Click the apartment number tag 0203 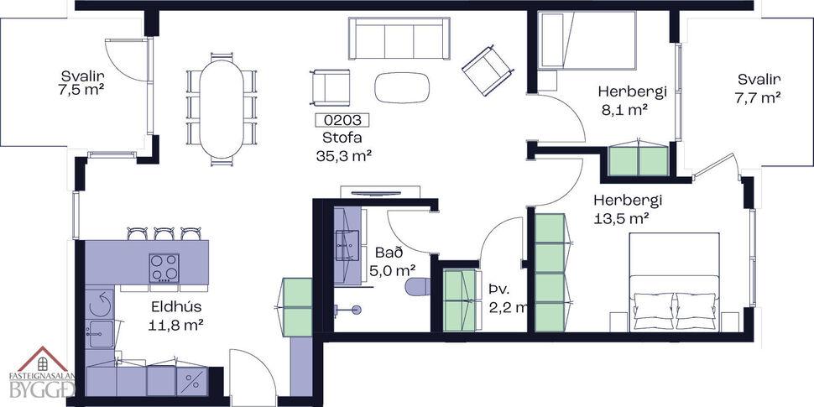pyautogui.click(x=340, y=121)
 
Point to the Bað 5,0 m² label pyautogui.click(x=392, y=261)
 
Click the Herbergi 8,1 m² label pyautogui.click(x=625, y=99)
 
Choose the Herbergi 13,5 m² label pyautogui.click(x=628, y=209)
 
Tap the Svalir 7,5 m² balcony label pyautogui.click(x=86, y=82)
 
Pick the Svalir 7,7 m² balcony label pyautogui.click(x=759, y=88)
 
